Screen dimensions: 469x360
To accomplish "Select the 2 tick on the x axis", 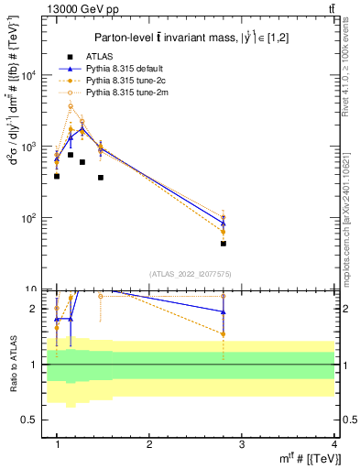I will point(149,444).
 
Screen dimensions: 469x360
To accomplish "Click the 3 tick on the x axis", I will point(242,444).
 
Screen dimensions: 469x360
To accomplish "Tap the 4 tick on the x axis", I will point(333,444).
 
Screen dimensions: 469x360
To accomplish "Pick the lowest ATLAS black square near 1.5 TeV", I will point(101,178).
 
